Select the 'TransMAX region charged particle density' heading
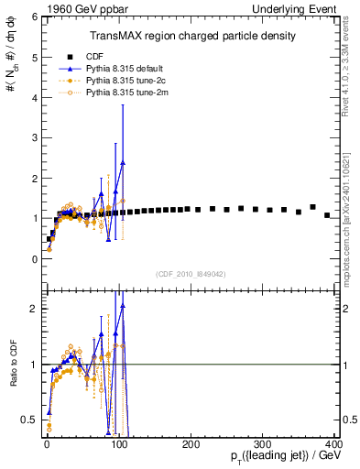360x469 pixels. (191, 36)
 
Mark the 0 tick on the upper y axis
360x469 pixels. (33, 259)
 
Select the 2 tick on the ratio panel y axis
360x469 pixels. (33, 309)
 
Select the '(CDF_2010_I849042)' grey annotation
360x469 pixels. (191, 273)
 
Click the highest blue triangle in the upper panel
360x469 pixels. (123, 162)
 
